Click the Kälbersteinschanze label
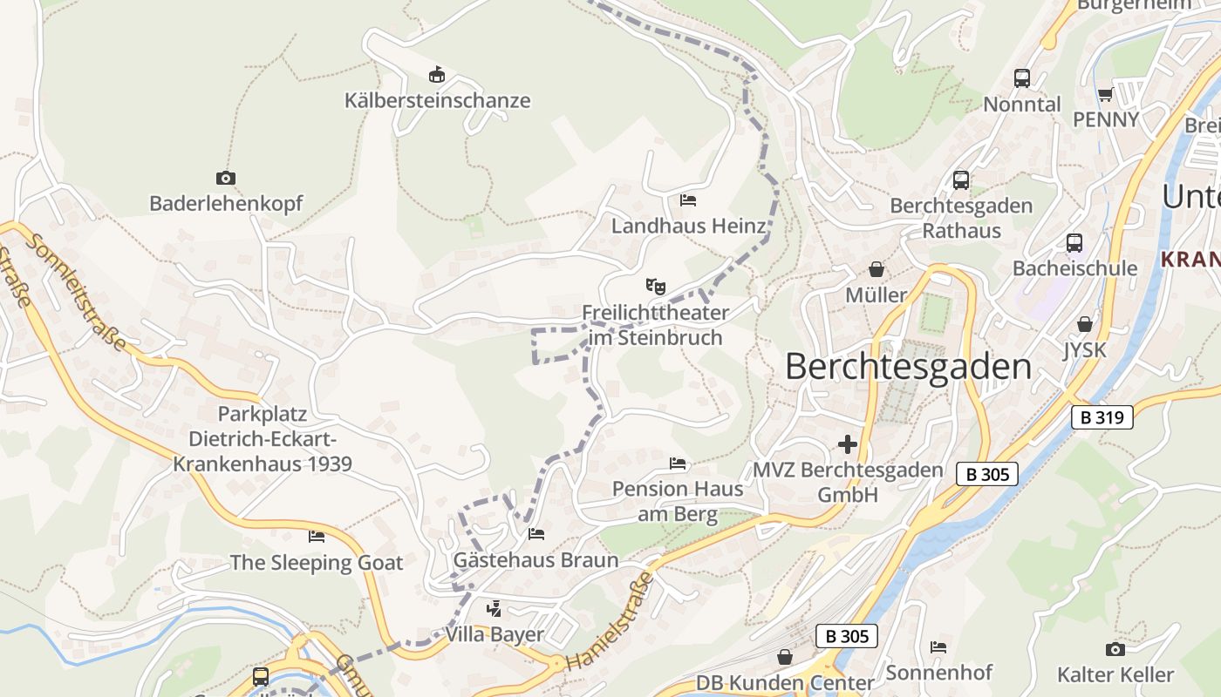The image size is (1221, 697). tap(437, 100)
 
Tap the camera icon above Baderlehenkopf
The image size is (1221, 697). tap(226, 178)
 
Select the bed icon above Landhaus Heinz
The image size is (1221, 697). tap(688, 200)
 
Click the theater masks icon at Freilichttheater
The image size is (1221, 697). tap(655, 286)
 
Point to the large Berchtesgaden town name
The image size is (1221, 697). tap(908, 367)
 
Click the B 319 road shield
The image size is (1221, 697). tap(1102, 417)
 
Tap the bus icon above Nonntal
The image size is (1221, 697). tap(1022, 78)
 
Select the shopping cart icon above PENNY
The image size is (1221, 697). tap(1105, 94)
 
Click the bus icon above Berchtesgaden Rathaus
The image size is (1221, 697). tap(961, 180)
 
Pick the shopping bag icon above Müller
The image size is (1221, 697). tap(877, 269)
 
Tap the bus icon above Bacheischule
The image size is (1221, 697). tap(1074, 243)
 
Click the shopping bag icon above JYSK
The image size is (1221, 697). tap(1084, 324)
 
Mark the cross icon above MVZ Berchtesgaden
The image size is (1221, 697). tap(847, 444)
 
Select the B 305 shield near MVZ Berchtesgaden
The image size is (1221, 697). tap(987, 474)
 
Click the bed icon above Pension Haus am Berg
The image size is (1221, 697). tap(678, 463)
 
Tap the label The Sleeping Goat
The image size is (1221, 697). tap(317, 563)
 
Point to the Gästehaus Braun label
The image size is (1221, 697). tap(535, 560)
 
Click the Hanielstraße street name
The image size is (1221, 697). tap(610, 622)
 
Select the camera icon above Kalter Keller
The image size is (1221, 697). tap(1115, 649)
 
